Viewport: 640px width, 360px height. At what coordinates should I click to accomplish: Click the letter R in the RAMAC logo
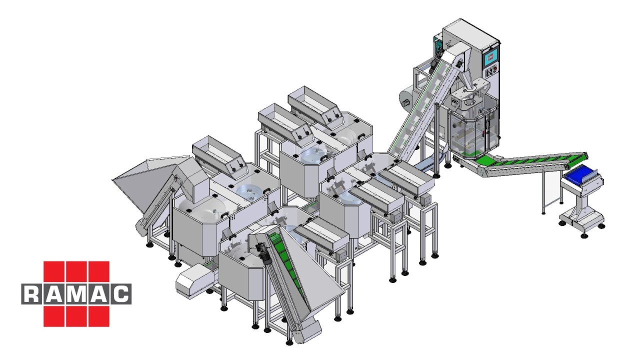coord(32,294)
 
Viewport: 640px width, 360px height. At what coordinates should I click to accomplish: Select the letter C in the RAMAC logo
coord(120,294)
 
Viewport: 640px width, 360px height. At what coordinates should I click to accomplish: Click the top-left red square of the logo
coord(54,271)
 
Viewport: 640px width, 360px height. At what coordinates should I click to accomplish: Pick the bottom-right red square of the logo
coord(98,316)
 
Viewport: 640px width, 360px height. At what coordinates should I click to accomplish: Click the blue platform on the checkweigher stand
coord(581,175)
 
